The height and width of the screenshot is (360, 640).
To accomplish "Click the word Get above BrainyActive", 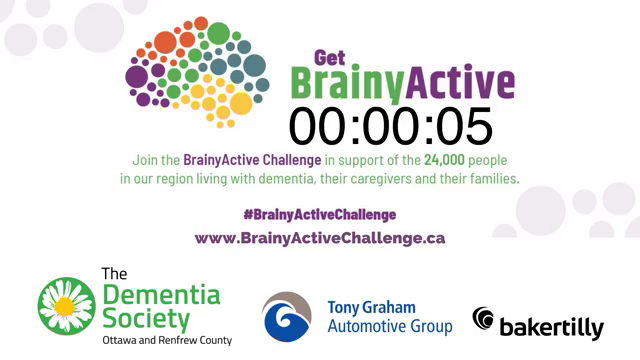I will (x=330, y=57).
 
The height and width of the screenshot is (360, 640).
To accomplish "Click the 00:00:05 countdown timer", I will (x=391, y=127).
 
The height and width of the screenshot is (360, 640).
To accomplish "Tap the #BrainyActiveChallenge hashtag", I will (x=319, y=215).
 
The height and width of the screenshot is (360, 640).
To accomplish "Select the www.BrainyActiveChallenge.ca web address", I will (x=319, y=238).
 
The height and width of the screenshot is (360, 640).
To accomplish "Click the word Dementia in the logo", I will (x=161, y=295).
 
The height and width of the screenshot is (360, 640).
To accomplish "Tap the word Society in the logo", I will (x=146, y=320).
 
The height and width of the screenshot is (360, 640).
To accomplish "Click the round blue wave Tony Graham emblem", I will (x=288, y=317).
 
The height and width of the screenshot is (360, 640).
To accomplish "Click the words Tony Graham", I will (x=371, y=307).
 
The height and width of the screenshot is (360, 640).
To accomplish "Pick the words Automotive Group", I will (x=390, y=326).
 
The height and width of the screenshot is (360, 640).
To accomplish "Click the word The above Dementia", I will (x=115, y=273).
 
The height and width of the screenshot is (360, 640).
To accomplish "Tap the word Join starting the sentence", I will (x=145, y=160).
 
